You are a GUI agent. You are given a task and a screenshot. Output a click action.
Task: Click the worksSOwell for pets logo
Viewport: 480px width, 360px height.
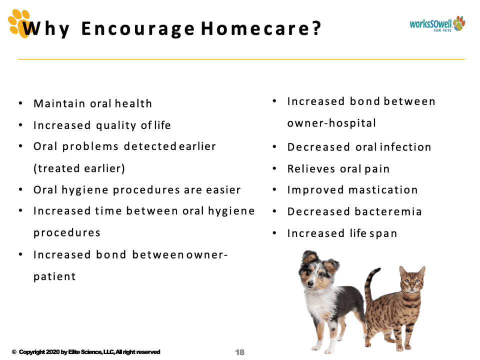[x=437, y=24]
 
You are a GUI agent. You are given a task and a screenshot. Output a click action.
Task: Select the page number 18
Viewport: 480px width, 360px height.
[x=239, y=352]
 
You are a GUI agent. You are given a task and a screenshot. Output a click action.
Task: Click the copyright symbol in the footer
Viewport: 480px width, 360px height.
[x=14, y=352]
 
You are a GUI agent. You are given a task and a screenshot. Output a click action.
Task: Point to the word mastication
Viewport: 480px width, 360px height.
[x=383, y=190]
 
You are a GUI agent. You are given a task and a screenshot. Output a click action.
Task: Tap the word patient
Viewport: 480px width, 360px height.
[x=54, y=276]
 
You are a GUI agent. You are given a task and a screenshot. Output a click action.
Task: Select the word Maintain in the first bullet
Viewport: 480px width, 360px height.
[x=59, y=103]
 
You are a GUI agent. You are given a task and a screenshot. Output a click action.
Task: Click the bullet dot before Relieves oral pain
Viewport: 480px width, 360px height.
[x=274, y=168]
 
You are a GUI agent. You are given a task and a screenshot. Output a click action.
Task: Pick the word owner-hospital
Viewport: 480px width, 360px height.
[x=331, y=123]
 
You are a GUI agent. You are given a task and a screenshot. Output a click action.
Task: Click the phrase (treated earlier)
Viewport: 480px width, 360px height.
[x=79, y=168]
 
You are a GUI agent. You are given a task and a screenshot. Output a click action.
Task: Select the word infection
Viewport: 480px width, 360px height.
[x=405, y=147]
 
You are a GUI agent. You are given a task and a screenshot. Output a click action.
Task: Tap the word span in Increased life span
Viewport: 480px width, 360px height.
[x=383, y=234]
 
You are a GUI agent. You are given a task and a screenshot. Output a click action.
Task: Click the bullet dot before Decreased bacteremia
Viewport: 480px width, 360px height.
[x=274, y=211]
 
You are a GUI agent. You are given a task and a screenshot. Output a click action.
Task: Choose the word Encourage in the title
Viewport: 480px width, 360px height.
[x=138, y=29]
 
